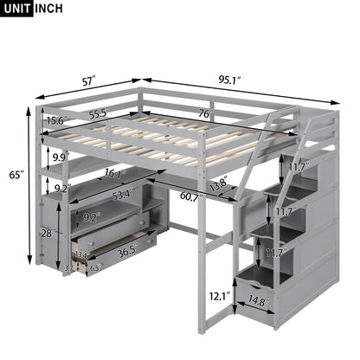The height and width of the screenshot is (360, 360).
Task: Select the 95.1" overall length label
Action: tap(228, 80)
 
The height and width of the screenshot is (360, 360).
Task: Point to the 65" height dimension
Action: tap(16, 176)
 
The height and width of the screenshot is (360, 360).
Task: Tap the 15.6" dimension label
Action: tap(58, 121)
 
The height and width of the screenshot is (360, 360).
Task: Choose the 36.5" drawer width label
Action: tap(127, 252)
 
